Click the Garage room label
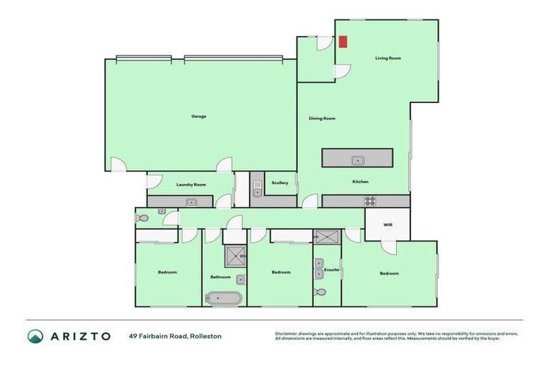point(199,116)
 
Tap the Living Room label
point(388,58)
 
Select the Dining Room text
point(322,119)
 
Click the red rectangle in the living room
point(343,42)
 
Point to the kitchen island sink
point(357,160)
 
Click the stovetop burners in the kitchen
point(370,201)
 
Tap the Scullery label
point(280,183)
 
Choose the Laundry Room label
point(191,185)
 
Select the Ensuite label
point(331,270)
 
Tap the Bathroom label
point(220,277)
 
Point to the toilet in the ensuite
point(320,292)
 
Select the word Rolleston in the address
point(206,336)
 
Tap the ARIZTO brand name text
point(80,336)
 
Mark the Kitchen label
point(360,182)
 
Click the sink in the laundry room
point(192,203)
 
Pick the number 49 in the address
point(133,336)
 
